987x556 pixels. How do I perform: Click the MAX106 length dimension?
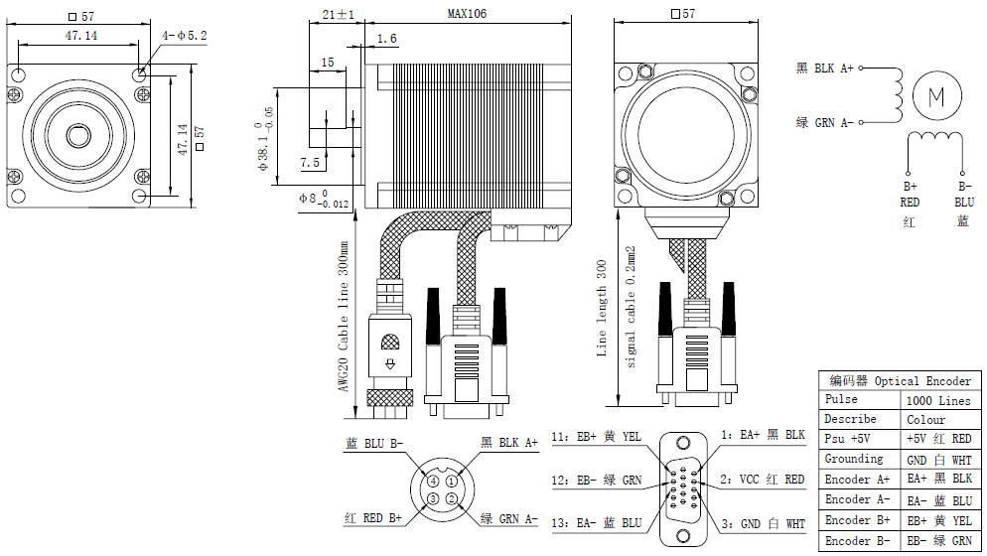pyautogui.click(x=467, y=13)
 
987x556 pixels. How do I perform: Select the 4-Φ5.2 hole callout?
pyautogui.click(x=185, y=36)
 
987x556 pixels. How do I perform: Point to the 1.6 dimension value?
pyautogui.click(x=386, y=39)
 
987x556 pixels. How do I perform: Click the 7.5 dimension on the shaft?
pyautogui.click(x=309, y=163)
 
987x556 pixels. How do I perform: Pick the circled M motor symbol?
pyautogui.click(x=935, y=96)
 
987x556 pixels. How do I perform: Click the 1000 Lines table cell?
pyautogui.click(x=938, y=400)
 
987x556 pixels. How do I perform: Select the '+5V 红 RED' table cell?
pyautogui.click(x=938, y=439)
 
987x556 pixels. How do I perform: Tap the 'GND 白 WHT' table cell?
pyautogui.click(x=938, y=460)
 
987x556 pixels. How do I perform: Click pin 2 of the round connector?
pyautogui.click(x=451, y=497)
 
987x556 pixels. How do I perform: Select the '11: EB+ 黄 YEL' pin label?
pyautogui.click(x=598, y=436)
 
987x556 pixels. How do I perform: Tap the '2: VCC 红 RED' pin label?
pyautogui.click(x=763, y=480)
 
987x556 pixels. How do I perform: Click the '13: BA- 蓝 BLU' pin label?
pyautogui.click(x=597, y=523)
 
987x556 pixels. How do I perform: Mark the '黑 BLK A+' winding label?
pyautogui.click(x=824, y=69)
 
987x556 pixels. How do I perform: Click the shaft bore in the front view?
pyautogui.click(x=75, y=134)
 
